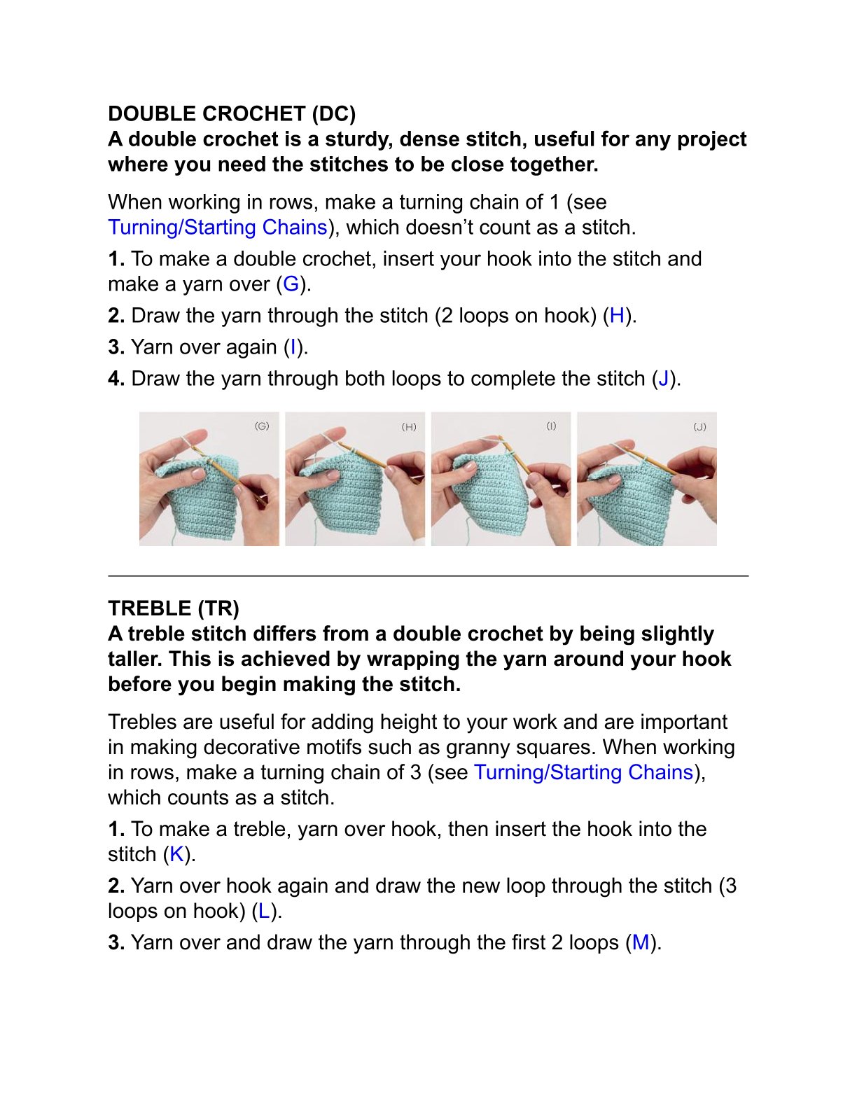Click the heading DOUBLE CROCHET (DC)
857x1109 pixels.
click(x=232, y=114)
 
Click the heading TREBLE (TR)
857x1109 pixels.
click(x=174, y=608)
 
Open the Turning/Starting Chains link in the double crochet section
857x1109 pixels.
click(x=218, y=227)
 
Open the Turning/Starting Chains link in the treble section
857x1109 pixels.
click(x=584, y=772)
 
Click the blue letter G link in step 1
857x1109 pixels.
click(x=291, y=284)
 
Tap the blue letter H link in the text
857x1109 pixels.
click(x=617, y=315)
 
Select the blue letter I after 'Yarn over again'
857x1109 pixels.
click(x=293, y=347)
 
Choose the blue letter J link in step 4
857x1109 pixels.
click(x=664, y=379)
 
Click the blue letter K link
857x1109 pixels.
click(x=176, y=854)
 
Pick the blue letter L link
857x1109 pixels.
click(x=264, y=911)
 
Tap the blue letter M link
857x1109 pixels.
click(x=641, y=942)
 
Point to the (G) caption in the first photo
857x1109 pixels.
click(x=262, y=426)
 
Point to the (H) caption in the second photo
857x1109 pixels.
click(x=409, y=426)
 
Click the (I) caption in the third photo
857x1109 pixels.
click(x=551, y=426)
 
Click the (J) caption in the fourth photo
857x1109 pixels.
click(x=699, y=426)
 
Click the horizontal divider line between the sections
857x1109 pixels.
click(x=428, y=576)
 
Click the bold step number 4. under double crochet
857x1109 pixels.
click(x=116, y=379)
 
